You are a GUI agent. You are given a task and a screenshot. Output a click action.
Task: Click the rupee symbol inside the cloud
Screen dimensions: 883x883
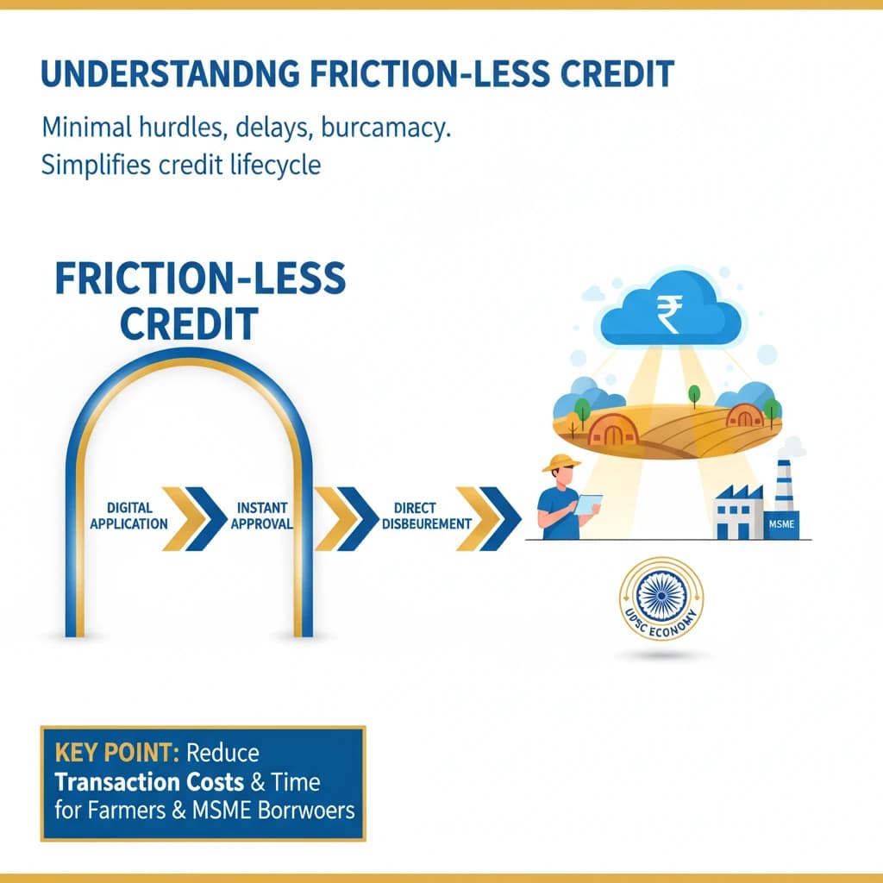coord(667,311)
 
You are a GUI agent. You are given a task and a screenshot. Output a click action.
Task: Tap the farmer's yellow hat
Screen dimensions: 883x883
coord(560,463)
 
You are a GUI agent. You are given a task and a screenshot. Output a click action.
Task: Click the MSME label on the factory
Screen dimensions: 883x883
coord(782,523)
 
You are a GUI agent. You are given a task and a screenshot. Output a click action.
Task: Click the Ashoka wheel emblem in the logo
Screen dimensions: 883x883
coord(661,598)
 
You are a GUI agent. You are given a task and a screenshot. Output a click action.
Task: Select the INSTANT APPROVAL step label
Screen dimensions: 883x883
coord(262,516)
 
